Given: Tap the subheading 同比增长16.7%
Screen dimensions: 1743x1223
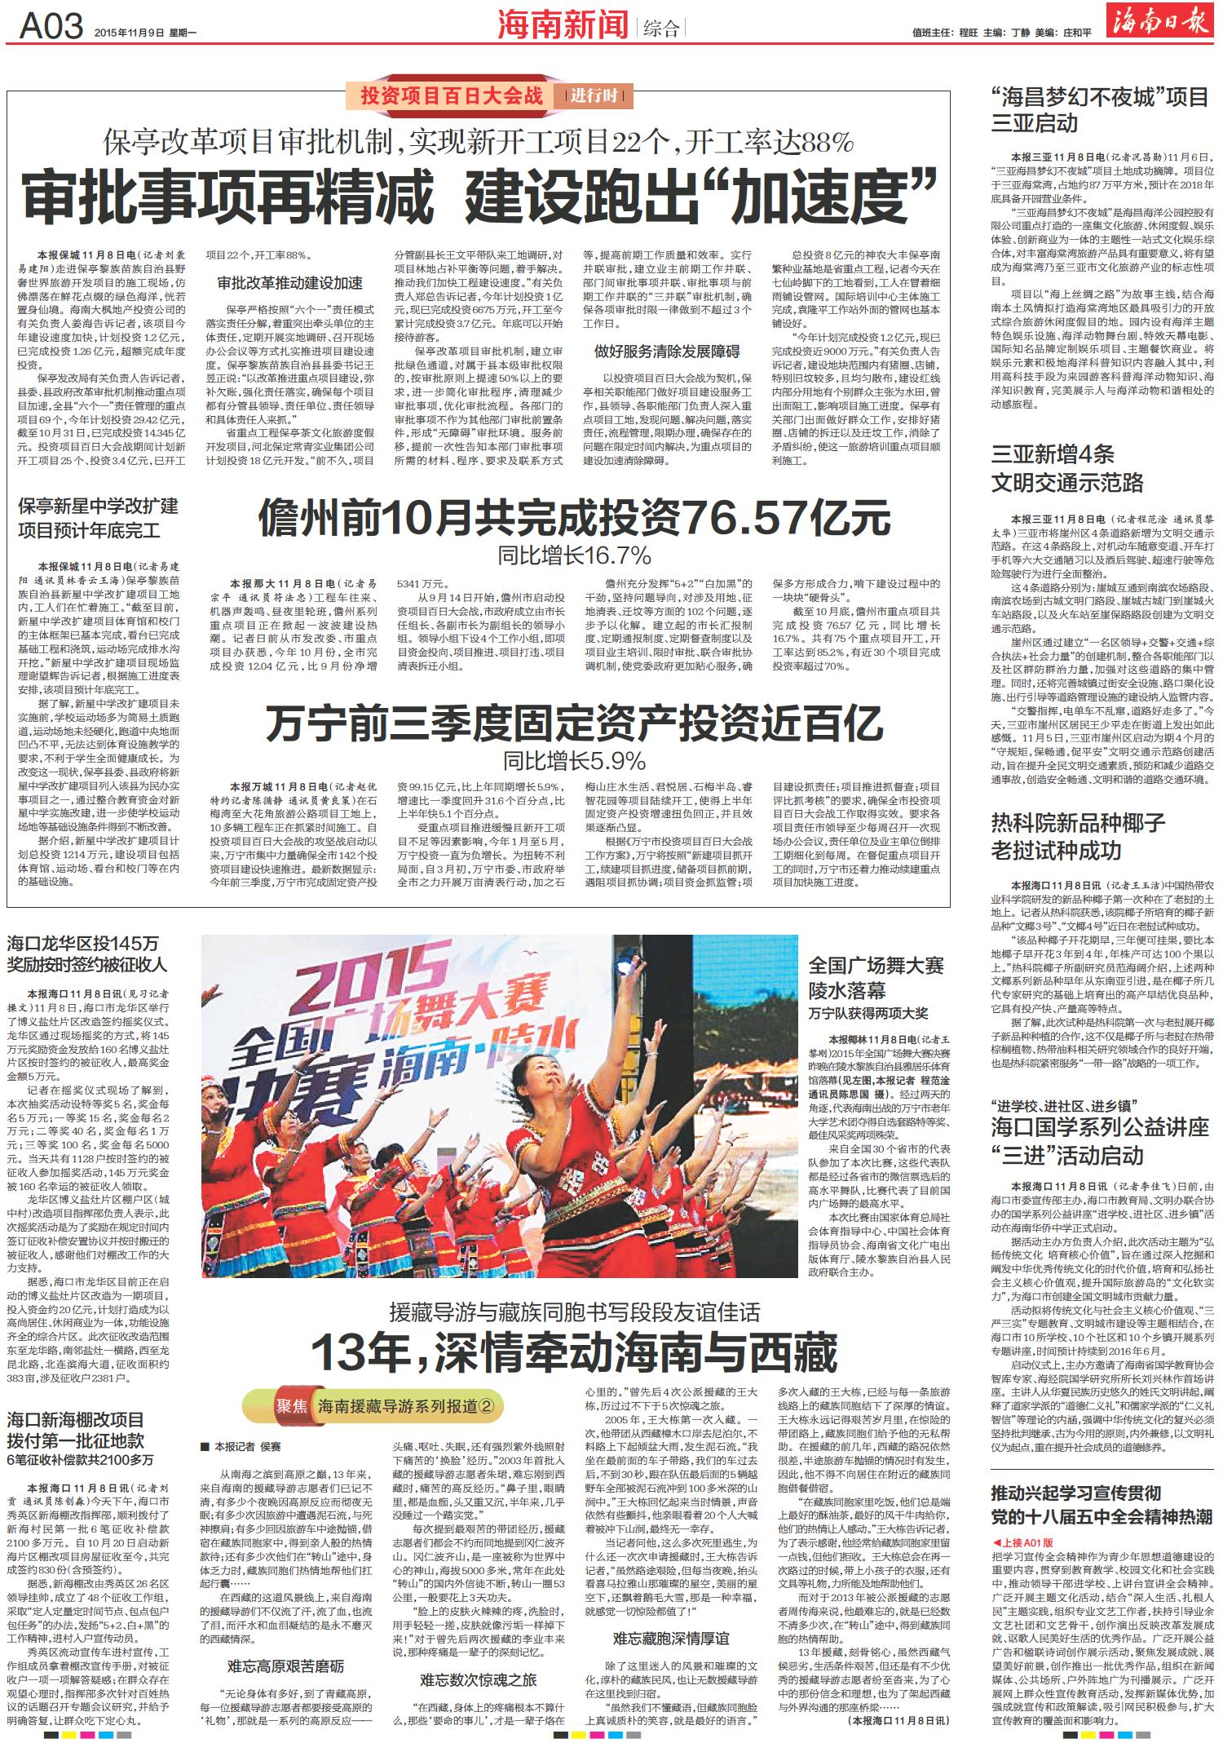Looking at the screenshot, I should click(575, 556).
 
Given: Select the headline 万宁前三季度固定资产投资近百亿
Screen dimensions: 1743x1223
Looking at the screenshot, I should click(575, 722).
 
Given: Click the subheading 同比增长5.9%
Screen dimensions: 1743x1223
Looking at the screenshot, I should click(574, 761).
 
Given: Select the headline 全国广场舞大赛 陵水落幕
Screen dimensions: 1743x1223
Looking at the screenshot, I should click(876, 978).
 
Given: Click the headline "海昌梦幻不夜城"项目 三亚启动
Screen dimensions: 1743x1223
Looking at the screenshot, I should click(1099, 111).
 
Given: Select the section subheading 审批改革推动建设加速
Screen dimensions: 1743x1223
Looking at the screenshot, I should click(289, 283).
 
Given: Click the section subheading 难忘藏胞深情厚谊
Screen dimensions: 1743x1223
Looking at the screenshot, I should click(671, 1615).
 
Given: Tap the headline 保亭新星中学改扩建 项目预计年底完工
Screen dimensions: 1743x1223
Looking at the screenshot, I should click(98, 518).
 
